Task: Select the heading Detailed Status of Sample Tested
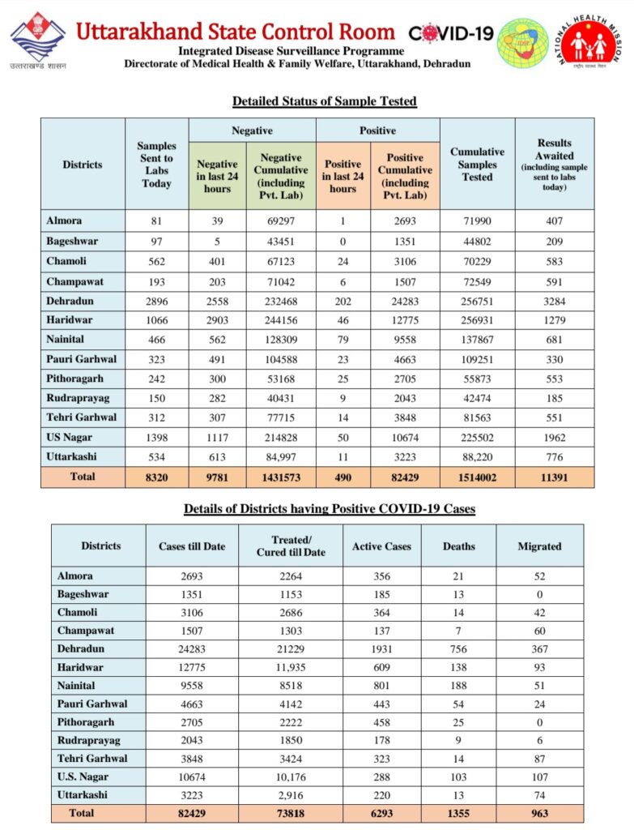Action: [x=324, y=101]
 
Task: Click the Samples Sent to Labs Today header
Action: [x=156, y=165]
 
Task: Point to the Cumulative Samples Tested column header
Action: [x=477, y=164]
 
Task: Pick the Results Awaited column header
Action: [x=554, y=165]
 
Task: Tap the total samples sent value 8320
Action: [x=156, y=477]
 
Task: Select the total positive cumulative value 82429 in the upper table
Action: [x=405, y=477]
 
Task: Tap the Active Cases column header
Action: [x=381, y=546]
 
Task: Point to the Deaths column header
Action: [x=459, y=546]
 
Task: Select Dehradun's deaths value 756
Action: [x=459, y=649]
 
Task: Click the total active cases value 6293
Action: [x=381, y=813]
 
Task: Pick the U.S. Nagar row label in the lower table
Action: [x=83, y=777]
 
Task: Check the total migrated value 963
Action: [x=539, y=813]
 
